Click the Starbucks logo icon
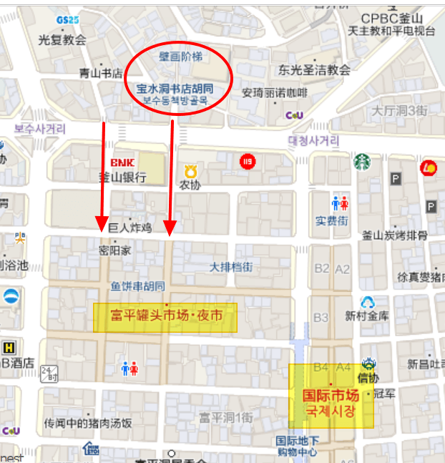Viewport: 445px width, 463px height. [x=362, y=161]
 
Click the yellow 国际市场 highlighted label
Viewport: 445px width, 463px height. [x=331, y=396]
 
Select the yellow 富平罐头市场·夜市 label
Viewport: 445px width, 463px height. [x=165, y=315]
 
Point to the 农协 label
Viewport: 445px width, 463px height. [x=190, y=185]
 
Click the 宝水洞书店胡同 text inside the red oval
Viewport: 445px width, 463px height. [x=175, y=89]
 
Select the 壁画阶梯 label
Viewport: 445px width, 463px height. [x=176, y=55]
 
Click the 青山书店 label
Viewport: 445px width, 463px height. [x=100, y=73]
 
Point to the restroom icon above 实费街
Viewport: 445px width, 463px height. [x=340, y=203]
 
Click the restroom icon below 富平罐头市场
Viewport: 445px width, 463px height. [x=129, y=368]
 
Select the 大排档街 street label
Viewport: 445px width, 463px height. [x=230, y=267]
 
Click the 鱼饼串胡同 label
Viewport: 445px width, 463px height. [x=137, y=286]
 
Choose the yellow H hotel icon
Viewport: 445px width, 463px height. [x=9, y=346]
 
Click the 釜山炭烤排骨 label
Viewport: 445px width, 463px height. [x=394, y=235]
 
